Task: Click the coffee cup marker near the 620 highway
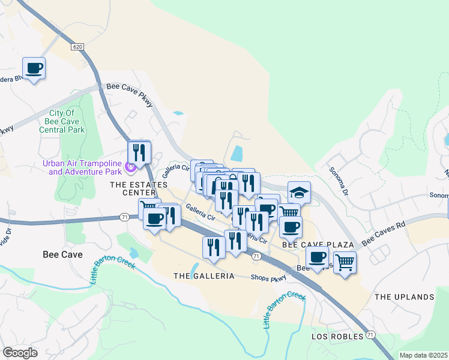coord(34,68)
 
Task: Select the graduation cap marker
coord(299,193)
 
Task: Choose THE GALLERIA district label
coord(203,276)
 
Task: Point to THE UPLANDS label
coord(404,297)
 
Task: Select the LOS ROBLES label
coord(337,337)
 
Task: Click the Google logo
coord(20,352)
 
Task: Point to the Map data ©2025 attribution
coord(423,355)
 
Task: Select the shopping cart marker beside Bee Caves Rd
coord(345,261)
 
